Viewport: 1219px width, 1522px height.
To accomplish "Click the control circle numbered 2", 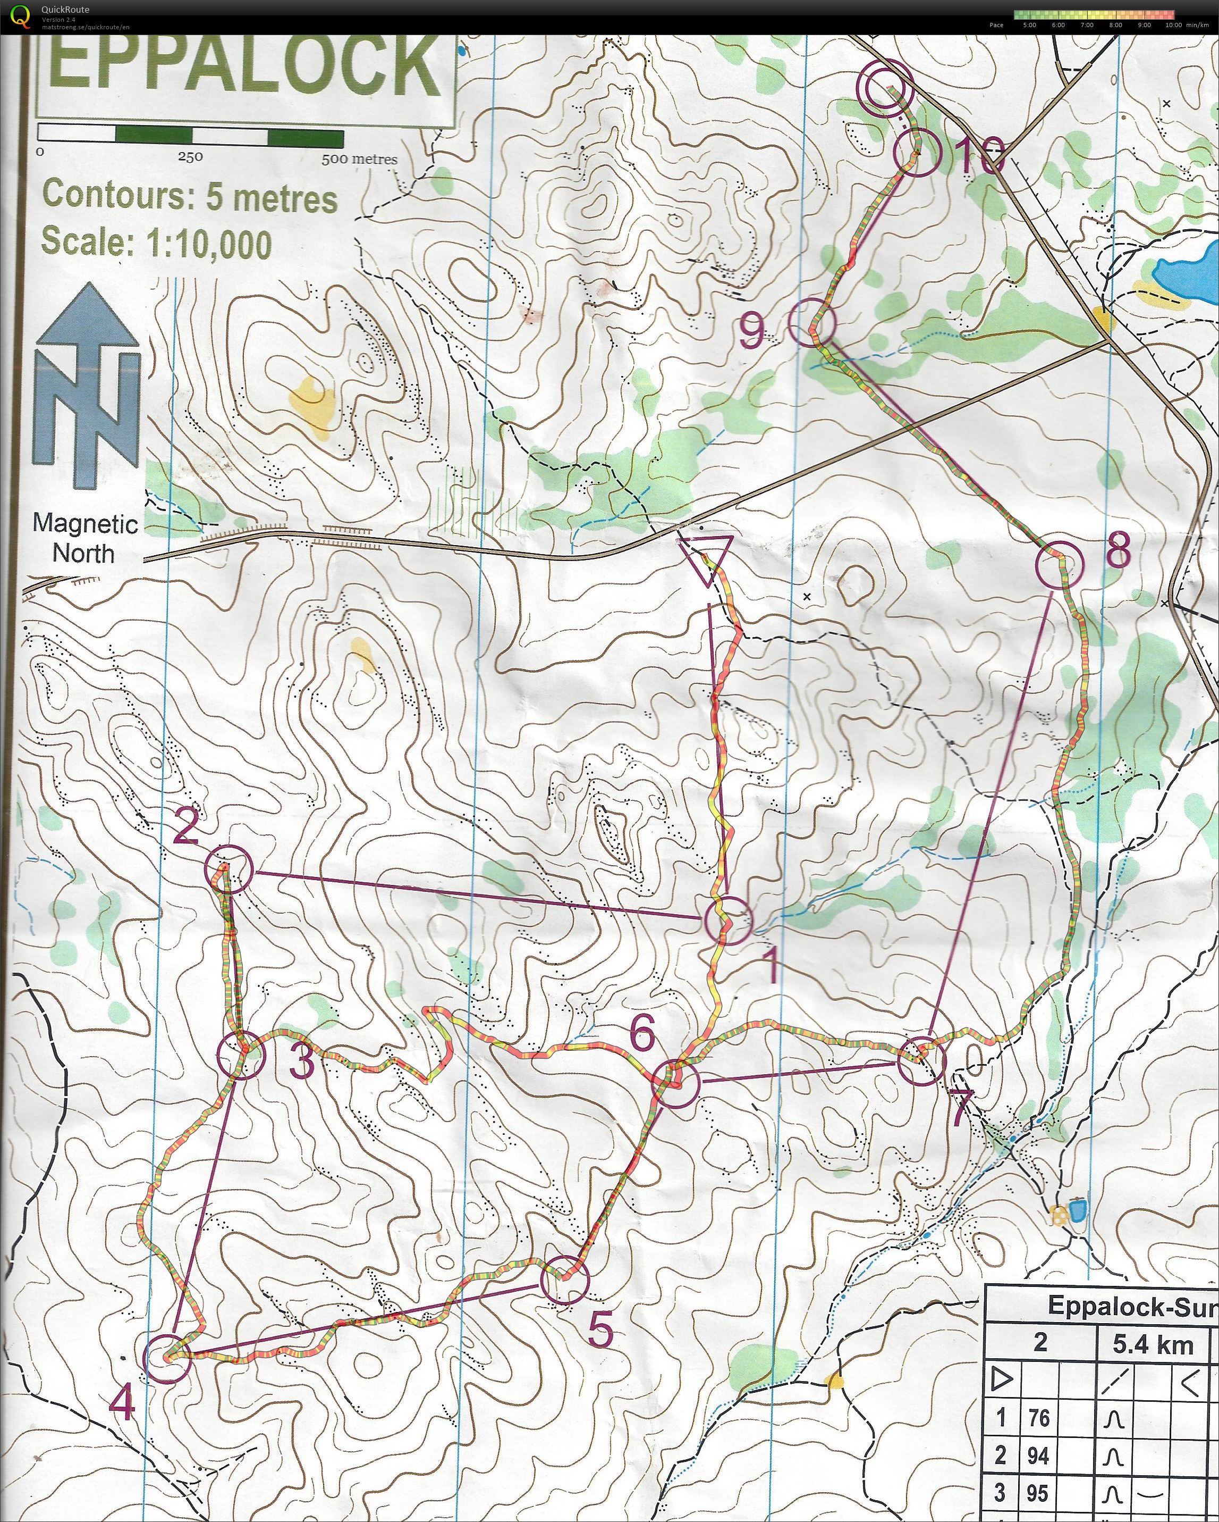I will point(228,871).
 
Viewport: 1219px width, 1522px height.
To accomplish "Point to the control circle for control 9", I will point(812,322).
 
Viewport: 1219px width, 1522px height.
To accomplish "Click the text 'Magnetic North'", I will point(84,538).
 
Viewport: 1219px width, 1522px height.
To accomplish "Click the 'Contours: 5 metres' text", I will point(190,196).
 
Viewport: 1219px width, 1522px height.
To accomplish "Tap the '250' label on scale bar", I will point(190,157).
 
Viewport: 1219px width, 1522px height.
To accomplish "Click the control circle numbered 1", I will point(729,921).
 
